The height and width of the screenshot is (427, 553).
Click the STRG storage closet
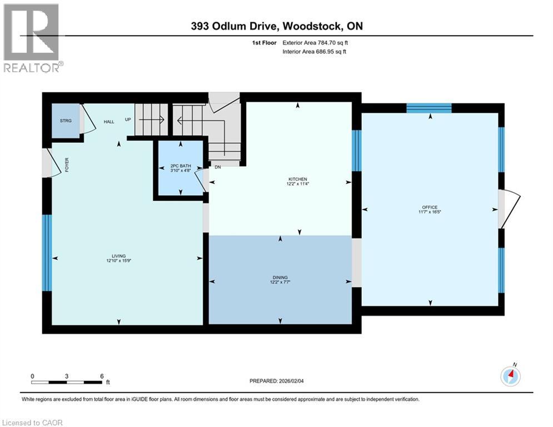pos(66,120)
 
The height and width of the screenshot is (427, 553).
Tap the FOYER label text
pos(67,165)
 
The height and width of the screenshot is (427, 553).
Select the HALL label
pos(108,122)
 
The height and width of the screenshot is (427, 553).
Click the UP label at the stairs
pos(128,120)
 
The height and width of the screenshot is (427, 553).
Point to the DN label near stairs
pos(218,166)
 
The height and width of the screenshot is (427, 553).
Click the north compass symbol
pos(510,376)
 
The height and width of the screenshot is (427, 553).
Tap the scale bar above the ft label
pos(67,383)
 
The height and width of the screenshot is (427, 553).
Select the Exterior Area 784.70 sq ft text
pos(316,42)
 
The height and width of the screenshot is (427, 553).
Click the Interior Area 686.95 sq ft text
pos(315,52)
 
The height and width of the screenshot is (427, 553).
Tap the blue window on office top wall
pos(429,108)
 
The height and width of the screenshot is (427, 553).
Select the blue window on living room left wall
pos(47,253)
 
